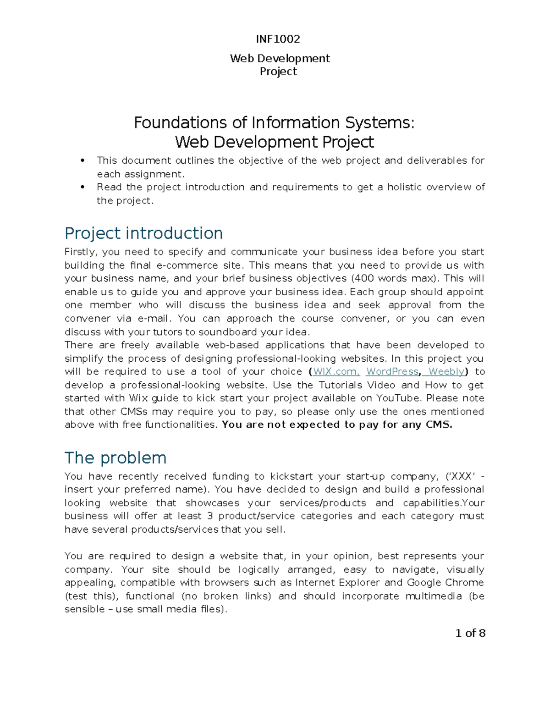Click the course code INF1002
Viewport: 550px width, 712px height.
point(278,39)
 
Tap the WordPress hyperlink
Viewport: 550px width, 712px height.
point(392,372)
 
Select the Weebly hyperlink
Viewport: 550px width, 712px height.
point(446,372)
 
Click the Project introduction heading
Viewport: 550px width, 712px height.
point(143,233)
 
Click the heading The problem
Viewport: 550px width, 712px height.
point(115,458)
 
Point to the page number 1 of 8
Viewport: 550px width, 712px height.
point(470,634)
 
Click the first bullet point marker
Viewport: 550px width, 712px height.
point(82,161)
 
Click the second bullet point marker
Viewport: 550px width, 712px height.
point(82,188)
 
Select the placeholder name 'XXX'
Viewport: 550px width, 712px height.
point(462,477)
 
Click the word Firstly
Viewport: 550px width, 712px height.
point(80,252)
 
